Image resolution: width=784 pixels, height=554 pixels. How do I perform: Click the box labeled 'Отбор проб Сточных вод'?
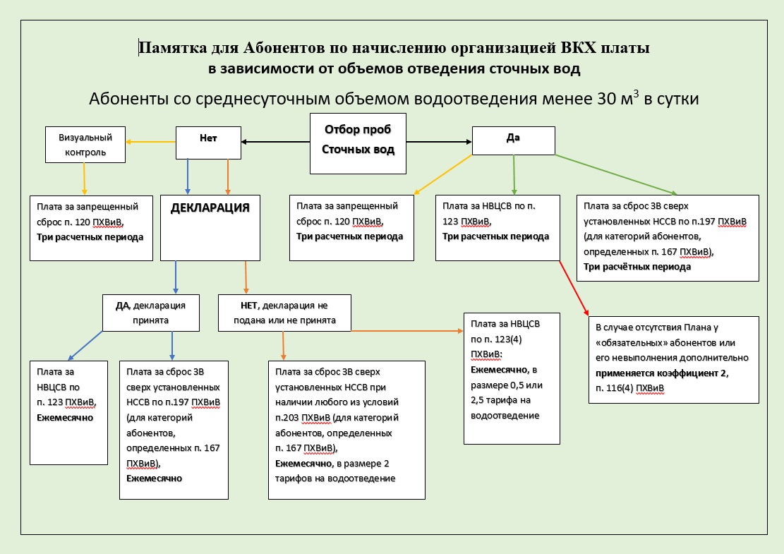point(358,143)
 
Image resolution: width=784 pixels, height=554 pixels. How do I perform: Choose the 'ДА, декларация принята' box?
point(150,313)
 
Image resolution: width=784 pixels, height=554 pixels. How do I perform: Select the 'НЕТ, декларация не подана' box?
point(285,313)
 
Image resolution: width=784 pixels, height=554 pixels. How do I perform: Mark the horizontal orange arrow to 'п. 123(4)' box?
point(406,330)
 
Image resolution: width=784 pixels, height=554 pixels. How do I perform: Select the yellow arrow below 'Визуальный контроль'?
point(85,178)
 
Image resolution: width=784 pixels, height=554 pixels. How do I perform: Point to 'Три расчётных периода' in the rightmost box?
point(637,267)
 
